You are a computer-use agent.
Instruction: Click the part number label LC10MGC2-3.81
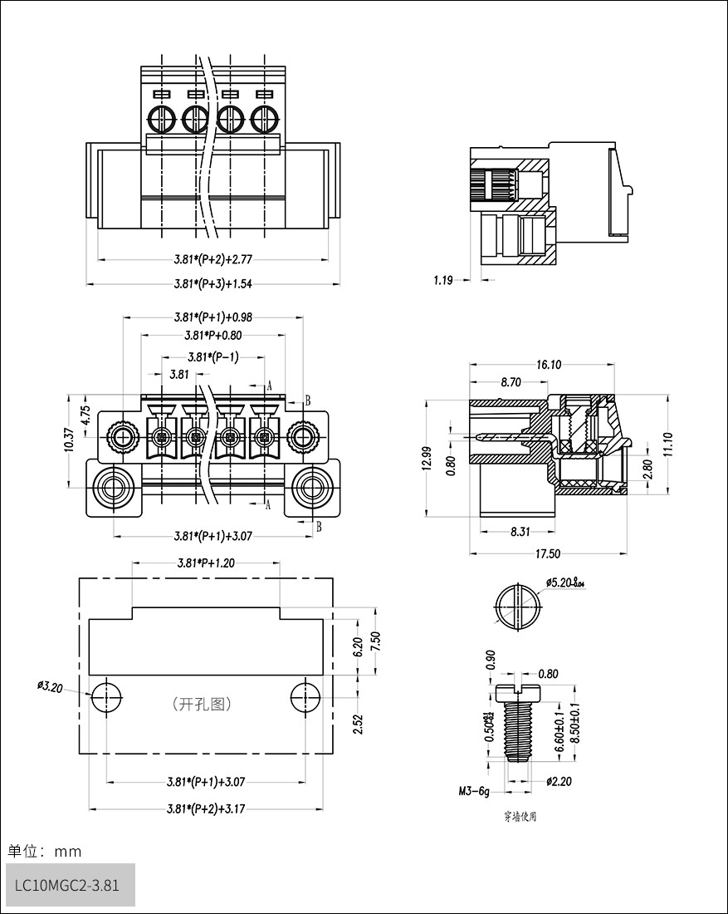click(67, 885)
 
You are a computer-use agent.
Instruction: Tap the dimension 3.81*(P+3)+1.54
click(213, 283)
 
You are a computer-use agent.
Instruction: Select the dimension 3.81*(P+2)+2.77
click(213, 260)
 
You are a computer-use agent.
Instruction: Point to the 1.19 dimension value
click(442, 281)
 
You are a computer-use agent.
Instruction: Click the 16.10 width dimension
click(549, 364)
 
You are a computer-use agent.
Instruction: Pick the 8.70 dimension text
click(511, 382)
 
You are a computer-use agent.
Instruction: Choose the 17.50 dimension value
click(548, 553)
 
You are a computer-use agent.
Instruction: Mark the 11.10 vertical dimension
click(669, 444)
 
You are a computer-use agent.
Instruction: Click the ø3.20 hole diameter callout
click(50, 686)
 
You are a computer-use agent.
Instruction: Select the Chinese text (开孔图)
click(202, 704)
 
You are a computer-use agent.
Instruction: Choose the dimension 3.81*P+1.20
click(205, 563)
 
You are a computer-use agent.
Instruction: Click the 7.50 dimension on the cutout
click(375, 641)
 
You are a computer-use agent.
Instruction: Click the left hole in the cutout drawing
click(106, 696)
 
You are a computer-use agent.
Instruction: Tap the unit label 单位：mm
click(45, 851)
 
